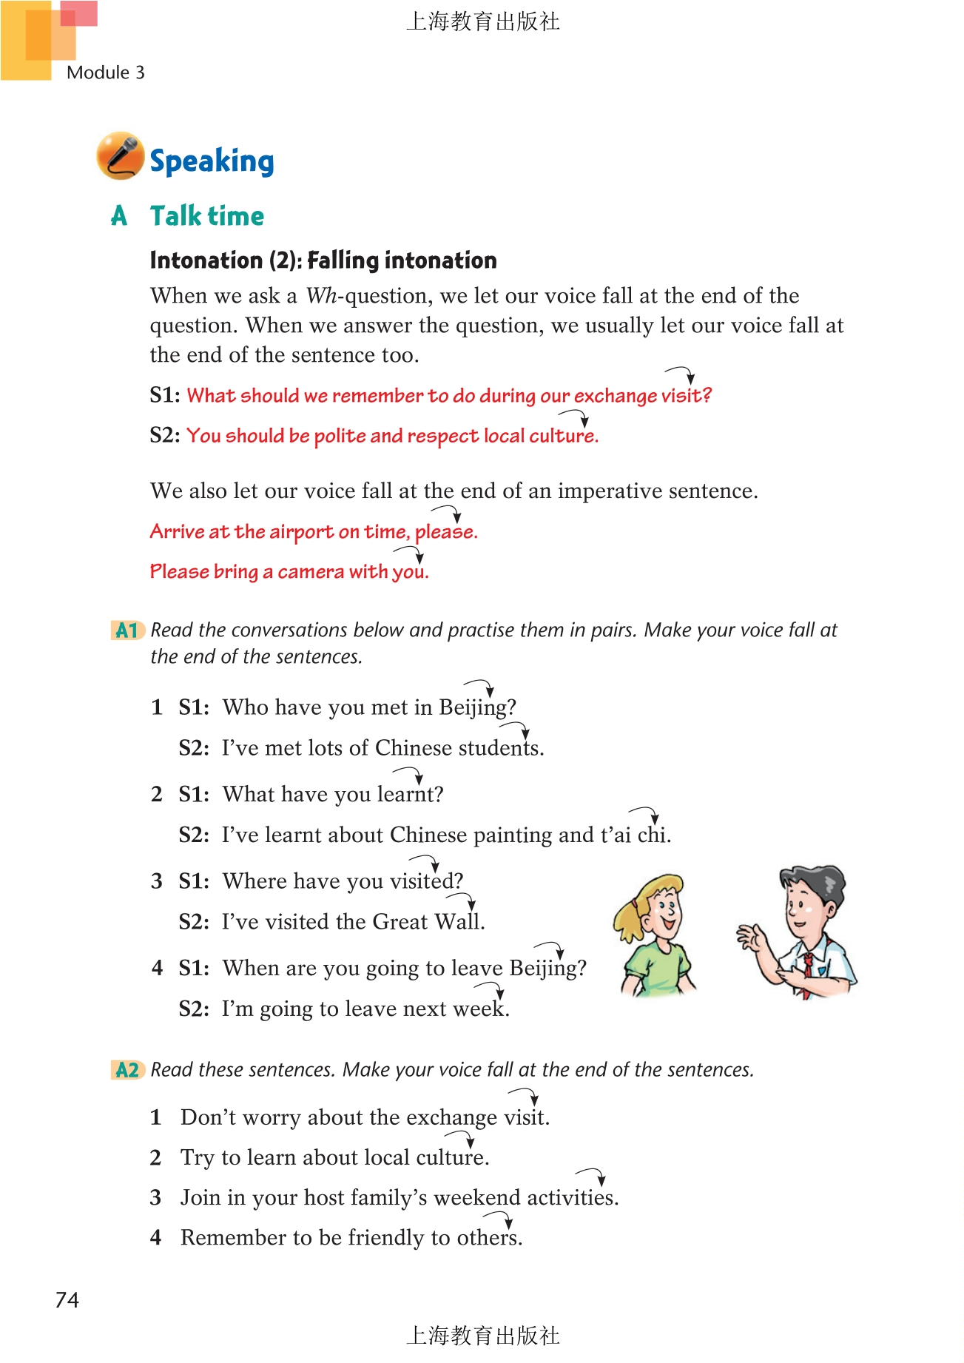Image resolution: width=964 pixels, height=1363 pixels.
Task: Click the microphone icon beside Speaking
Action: pyautogui.click(x=120, y=156)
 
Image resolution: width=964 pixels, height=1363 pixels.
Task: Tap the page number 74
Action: pyautogui.click(x=67, y=1300)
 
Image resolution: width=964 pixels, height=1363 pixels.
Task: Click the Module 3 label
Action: pyautogui.click(x=105, y=73)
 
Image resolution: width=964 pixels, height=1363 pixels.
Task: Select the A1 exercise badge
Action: pyautogui.click(x=127, y=630)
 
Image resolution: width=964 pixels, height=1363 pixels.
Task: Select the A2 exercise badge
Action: pyautogui.click(x=127, y=1070)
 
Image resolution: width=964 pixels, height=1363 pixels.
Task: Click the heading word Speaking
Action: pyautogui.click(x=212, y=161)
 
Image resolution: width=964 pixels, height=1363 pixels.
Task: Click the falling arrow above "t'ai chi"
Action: pyautogui.click(x=645, y=814)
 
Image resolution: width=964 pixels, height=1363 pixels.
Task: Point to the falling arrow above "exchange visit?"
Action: pyautogui.click(x=681, y=374)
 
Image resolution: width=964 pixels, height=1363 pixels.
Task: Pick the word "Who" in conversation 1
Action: pyautogui.click(x=245, y=707)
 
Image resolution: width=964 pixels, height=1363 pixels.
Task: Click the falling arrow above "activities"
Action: pyautogui.click(x=592, y=1175)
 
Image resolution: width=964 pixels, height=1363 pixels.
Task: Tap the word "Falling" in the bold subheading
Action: pyautogui.click(x=343, y=260)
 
